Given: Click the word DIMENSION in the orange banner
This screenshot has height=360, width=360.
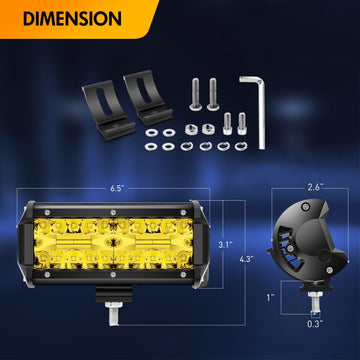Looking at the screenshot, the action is (72, 19).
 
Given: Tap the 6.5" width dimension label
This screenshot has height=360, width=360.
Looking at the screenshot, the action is (117, 188).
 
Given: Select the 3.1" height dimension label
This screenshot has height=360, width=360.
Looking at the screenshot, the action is (225, 245).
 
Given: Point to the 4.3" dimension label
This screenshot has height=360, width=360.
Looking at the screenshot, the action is (246, 259).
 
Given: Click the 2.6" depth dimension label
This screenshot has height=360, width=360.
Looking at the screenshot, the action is (314, 187).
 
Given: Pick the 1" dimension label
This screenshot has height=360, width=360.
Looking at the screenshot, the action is (270, 297).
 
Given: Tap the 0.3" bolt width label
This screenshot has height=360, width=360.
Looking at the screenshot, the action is (315, 323).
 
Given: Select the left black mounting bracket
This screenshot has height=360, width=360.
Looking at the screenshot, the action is (107, 110).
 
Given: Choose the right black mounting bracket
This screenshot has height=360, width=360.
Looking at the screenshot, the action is (147, 97).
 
